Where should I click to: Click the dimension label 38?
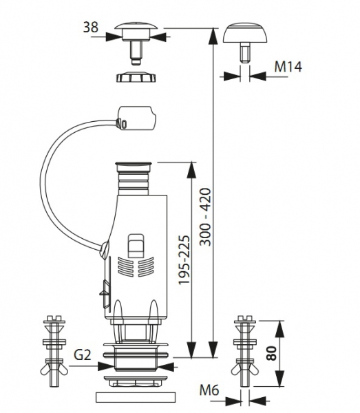click(91, 27)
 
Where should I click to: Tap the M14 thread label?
click(288, 67)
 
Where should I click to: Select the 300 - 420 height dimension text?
click(205, 217)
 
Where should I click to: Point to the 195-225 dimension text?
click(184, 260)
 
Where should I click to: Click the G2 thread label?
click(83, 354)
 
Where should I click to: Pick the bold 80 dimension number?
click(271, 354)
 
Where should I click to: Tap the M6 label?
click(209, 390)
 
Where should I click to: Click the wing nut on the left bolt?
click(54, 370)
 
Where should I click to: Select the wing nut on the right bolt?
click(245, 370)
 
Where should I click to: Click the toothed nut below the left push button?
click(136, 76)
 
